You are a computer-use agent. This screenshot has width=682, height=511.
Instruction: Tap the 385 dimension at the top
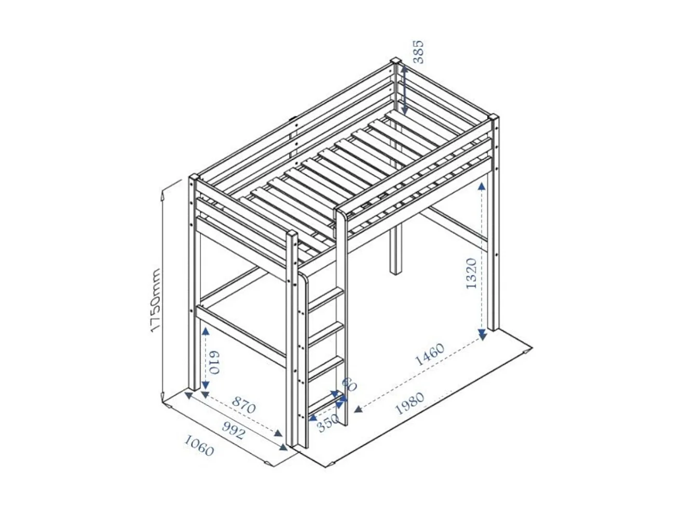(x=418, y=51)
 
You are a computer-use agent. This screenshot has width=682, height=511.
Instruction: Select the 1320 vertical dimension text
(x=471, y=273)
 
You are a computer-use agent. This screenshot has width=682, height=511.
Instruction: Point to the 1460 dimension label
(x=430, y=354)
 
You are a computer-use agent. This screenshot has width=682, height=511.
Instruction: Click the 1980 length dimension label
(x=410, y=403)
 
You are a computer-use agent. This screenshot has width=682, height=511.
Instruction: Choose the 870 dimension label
(x=243, y=405)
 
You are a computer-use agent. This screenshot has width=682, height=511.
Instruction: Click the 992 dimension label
(x=233, y=430)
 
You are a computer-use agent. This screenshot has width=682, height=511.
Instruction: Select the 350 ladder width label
(x=328, y=424)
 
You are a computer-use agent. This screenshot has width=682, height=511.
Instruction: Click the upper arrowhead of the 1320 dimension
(x=483, y=185)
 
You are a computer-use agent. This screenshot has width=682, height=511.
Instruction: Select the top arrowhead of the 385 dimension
(x=404, y=69)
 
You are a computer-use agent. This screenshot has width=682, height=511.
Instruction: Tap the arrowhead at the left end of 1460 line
(x=358, y=410)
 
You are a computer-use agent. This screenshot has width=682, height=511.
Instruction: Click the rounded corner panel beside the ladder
(x=304, y=284)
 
